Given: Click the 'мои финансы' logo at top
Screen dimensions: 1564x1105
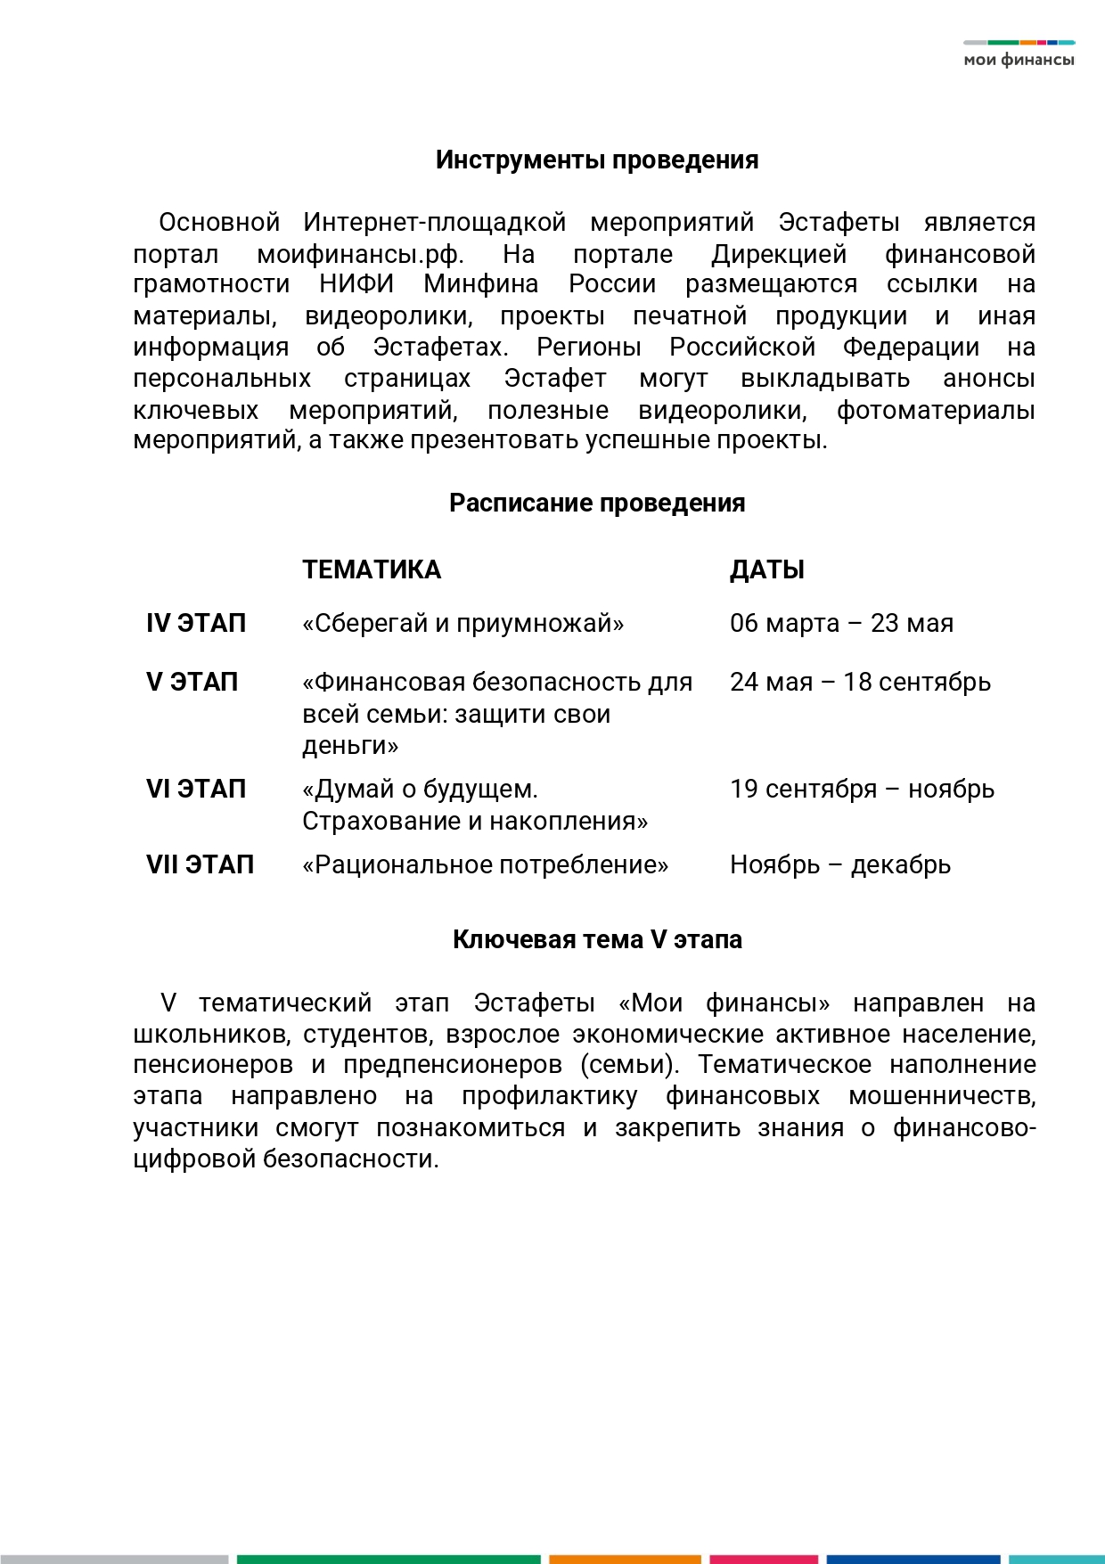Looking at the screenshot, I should tap(1019, 55).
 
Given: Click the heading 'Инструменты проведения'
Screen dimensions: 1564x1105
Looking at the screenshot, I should tap(597, 160).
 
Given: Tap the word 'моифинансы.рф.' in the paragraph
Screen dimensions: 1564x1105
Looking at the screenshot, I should tap(360, 255).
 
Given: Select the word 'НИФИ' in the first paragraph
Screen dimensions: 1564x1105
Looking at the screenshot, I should tap(356, 284).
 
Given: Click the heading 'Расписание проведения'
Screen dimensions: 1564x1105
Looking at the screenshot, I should tap(597, 504).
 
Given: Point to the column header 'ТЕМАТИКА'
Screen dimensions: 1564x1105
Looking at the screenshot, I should tap(372, 570).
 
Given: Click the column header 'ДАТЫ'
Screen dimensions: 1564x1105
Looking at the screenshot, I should tap(767, 570).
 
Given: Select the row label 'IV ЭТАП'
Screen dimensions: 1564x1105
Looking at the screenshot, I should tap(196, 624).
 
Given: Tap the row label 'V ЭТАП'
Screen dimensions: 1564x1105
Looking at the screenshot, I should tap(192, 683).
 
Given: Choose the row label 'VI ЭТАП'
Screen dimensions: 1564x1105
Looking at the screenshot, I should tap(196, 790).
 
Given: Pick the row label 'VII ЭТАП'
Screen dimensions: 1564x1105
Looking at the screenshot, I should tap(200, 865).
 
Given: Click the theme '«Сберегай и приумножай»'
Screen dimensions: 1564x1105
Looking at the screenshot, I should tap(462, 624).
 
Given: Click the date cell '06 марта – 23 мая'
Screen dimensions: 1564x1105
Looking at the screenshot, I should tap(841, 624).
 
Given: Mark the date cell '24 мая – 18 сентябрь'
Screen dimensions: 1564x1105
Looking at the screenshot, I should tap(860, 683).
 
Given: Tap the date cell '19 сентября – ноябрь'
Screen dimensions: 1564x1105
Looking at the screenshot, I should tap(862, 790).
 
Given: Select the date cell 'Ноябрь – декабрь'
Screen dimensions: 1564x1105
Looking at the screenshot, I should tap(840, 865).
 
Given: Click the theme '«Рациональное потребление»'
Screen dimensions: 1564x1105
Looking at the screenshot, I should tap(485, 865).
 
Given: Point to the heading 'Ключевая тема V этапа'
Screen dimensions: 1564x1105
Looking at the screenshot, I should tap(597, 940).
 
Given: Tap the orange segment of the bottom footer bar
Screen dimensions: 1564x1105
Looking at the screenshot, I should tap(625, 1559).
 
